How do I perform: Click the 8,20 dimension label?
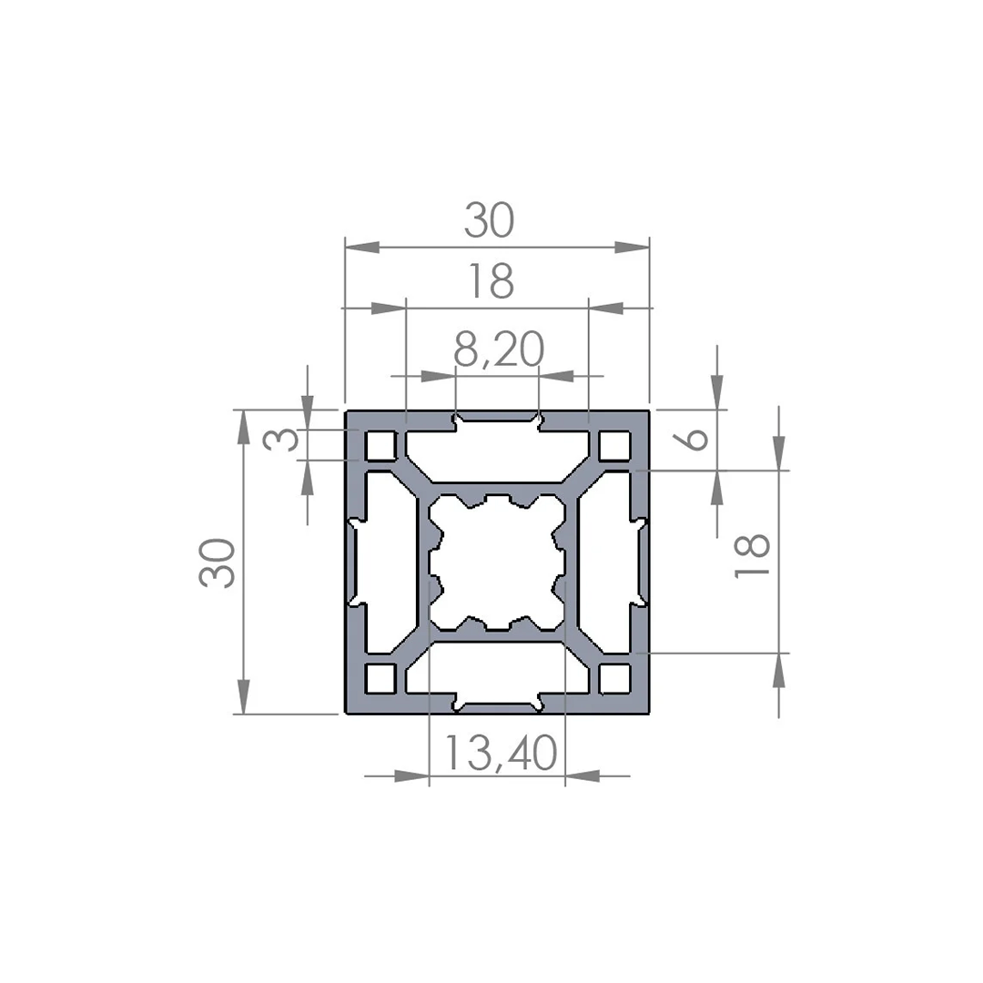[x=499, y=350]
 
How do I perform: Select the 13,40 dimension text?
[x=501, y=753]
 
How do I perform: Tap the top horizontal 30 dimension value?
[x=489, y=220]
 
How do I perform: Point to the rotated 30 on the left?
[x=218, y=562]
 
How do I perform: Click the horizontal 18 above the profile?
[x=491, y=282]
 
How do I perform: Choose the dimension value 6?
[x=694, y=438]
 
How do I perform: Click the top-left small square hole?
[x=380, y=446]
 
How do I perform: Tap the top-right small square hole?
[x=614, y=446]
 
